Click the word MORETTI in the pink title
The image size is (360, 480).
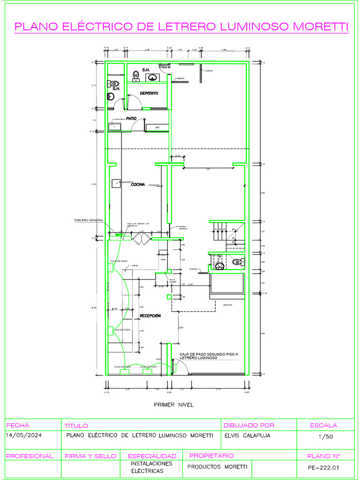tap(320, 27)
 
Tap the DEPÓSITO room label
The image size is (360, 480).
tap(149, 93)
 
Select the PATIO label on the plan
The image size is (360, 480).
tap(131, 119)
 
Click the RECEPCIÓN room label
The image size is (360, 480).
tap(150, 316)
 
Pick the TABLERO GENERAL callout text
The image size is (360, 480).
tap(89, 220)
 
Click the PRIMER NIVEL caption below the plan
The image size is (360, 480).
tap(173, 404)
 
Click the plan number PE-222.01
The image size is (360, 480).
tap(323, 467)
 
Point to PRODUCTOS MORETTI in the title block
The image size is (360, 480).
tap(217, 467)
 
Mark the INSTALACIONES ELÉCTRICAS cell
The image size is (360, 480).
tap(151, 467)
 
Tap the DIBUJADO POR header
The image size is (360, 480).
tap(249, 425)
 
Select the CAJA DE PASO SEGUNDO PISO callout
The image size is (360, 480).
tap(209, 356)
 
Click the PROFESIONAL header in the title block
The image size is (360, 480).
tap(30, 456)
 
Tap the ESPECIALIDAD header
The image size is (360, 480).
tap(152, 456)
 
